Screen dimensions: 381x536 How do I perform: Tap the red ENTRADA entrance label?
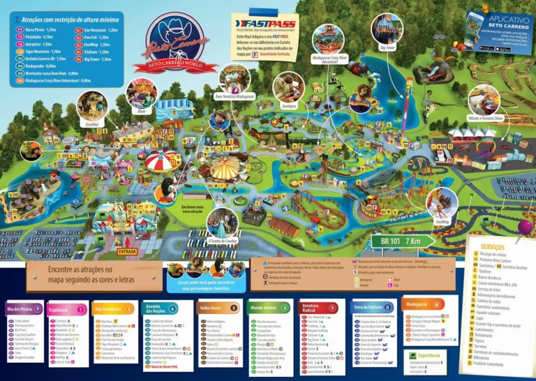(127, 251)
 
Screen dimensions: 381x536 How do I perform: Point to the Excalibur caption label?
(93, 125)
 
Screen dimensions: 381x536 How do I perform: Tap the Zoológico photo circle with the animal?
(288, 86)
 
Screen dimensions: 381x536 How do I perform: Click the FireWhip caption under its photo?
(442, 221)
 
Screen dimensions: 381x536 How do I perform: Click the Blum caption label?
(141, 110)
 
